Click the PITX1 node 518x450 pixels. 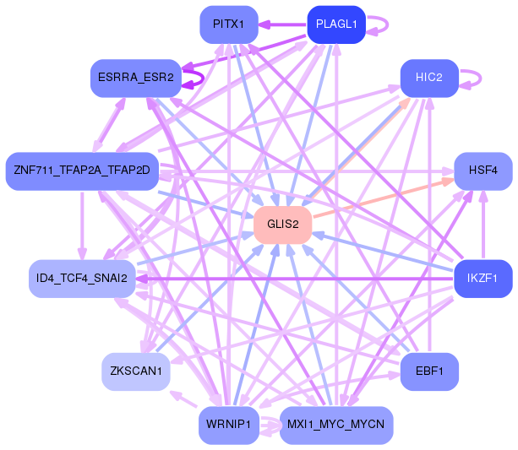coord(229,24)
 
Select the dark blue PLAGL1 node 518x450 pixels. coord(335,24)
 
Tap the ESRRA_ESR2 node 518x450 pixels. coord(135,78)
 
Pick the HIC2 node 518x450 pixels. coord(429,78)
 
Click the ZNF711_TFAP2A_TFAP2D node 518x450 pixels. coord(82,171)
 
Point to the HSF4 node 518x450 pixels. coord(483,171)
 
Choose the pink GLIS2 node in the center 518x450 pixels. coord(283,225)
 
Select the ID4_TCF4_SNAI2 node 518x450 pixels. coord(82,278)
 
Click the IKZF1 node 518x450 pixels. coord(483,278)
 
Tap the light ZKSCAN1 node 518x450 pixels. coord(135,371)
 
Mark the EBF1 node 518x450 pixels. coord(429,371)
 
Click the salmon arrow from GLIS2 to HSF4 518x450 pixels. coord(380,200)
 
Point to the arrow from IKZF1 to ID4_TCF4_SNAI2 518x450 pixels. coord(296,278)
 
